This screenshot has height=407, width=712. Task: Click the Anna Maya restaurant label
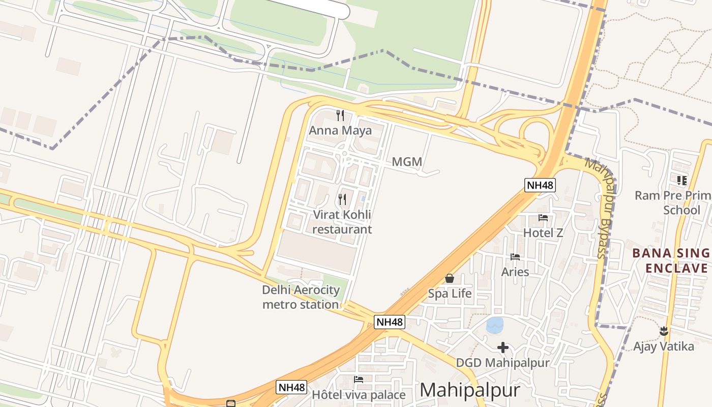[340, 130]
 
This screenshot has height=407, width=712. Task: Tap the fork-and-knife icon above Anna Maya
[340, 115]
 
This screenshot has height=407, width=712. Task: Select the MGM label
[407, 162]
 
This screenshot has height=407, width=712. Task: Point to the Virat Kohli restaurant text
[342, 222]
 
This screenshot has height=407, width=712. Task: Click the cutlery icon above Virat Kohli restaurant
[342, 199]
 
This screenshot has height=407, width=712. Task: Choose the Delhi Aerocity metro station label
[301, 297]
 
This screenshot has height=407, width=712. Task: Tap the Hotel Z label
[543, 233]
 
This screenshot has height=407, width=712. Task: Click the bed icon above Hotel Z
[543, 218]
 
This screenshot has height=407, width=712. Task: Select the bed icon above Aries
[515, 257]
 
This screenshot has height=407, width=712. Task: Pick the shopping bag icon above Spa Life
[450, 278]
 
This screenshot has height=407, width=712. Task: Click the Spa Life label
[450, 294]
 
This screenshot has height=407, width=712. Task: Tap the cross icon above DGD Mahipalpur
[503, 347]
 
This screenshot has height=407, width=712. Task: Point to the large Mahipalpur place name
[470, 390]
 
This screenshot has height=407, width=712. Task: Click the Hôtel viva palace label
[359, 395]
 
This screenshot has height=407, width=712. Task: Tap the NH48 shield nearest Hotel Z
[540, 185]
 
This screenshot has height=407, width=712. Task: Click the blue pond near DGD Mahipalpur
[495, 325]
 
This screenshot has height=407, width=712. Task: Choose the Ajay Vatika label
[663, 346]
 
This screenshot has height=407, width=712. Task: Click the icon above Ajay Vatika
[664, 331]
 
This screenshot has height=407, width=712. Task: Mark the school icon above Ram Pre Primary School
[682, 180]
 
